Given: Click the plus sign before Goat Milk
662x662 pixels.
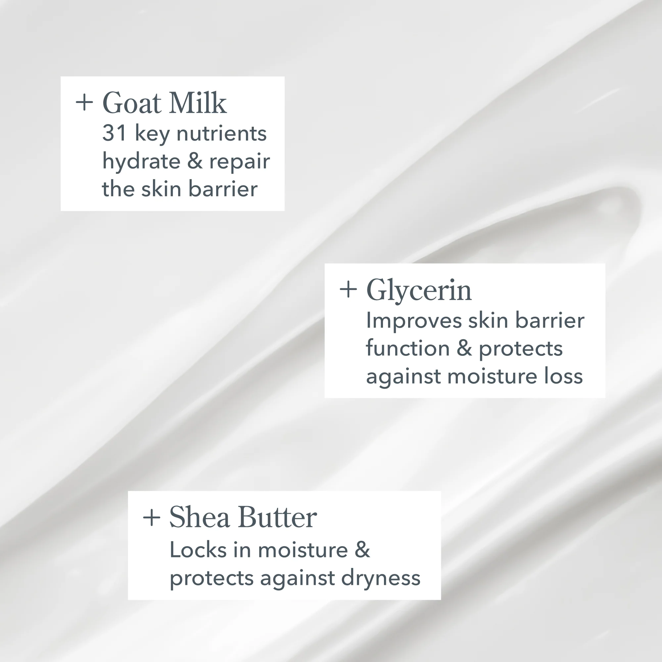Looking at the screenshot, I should click(84, 103).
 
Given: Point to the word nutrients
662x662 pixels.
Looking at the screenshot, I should click(221, 133).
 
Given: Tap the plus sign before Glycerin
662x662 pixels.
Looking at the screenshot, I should click(348, 290).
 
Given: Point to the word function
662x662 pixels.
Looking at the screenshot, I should click(408, 349).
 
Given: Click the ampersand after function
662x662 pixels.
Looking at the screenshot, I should click(464, 349).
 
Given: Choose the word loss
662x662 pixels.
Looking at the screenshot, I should click(563, 376).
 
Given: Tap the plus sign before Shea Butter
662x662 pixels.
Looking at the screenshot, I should click(152, 517).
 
